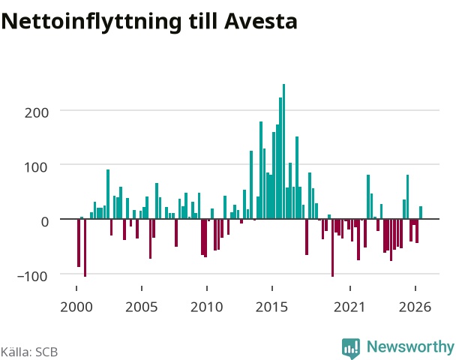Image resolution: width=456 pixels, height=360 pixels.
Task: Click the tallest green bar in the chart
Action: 283,151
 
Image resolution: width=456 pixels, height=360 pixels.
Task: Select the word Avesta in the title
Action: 261,21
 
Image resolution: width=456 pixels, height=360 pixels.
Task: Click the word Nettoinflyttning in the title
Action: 91,22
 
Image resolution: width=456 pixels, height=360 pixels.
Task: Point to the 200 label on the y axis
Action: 36,112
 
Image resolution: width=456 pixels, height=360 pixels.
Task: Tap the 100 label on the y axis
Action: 36,167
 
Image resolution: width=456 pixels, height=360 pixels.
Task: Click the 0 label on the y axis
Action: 45,222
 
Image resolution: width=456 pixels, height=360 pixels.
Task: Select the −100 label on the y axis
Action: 32,276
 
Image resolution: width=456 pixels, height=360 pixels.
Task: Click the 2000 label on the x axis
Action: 76,307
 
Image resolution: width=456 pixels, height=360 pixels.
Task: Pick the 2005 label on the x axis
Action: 141,307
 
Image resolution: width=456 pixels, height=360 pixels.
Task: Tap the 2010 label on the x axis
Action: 206,307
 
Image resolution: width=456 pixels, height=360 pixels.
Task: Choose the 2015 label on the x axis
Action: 271,307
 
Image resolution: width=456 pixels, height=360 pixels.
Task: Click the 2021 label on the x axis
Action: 349,307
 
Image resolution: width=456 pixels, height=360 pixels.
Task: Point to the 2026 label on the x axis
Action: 415,307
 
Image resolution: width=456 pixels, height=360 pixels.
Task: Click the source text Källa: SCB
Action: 29,352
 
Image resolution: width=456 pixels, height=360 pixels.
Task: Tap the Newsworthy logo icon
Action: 351,348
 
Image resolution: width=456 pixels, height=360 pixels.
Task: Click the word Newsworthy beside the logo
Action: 411,346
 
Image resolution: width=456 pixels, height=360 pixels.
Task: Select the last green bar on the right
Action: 421,212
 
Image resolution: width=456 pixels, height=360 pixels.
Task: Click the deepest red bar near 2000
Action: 85,247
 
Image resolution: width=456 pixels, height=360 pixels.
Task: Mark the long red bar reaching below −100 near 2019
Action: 333,247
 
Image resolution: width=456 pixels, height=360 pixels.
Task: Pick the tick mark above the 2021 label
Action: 350,288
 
